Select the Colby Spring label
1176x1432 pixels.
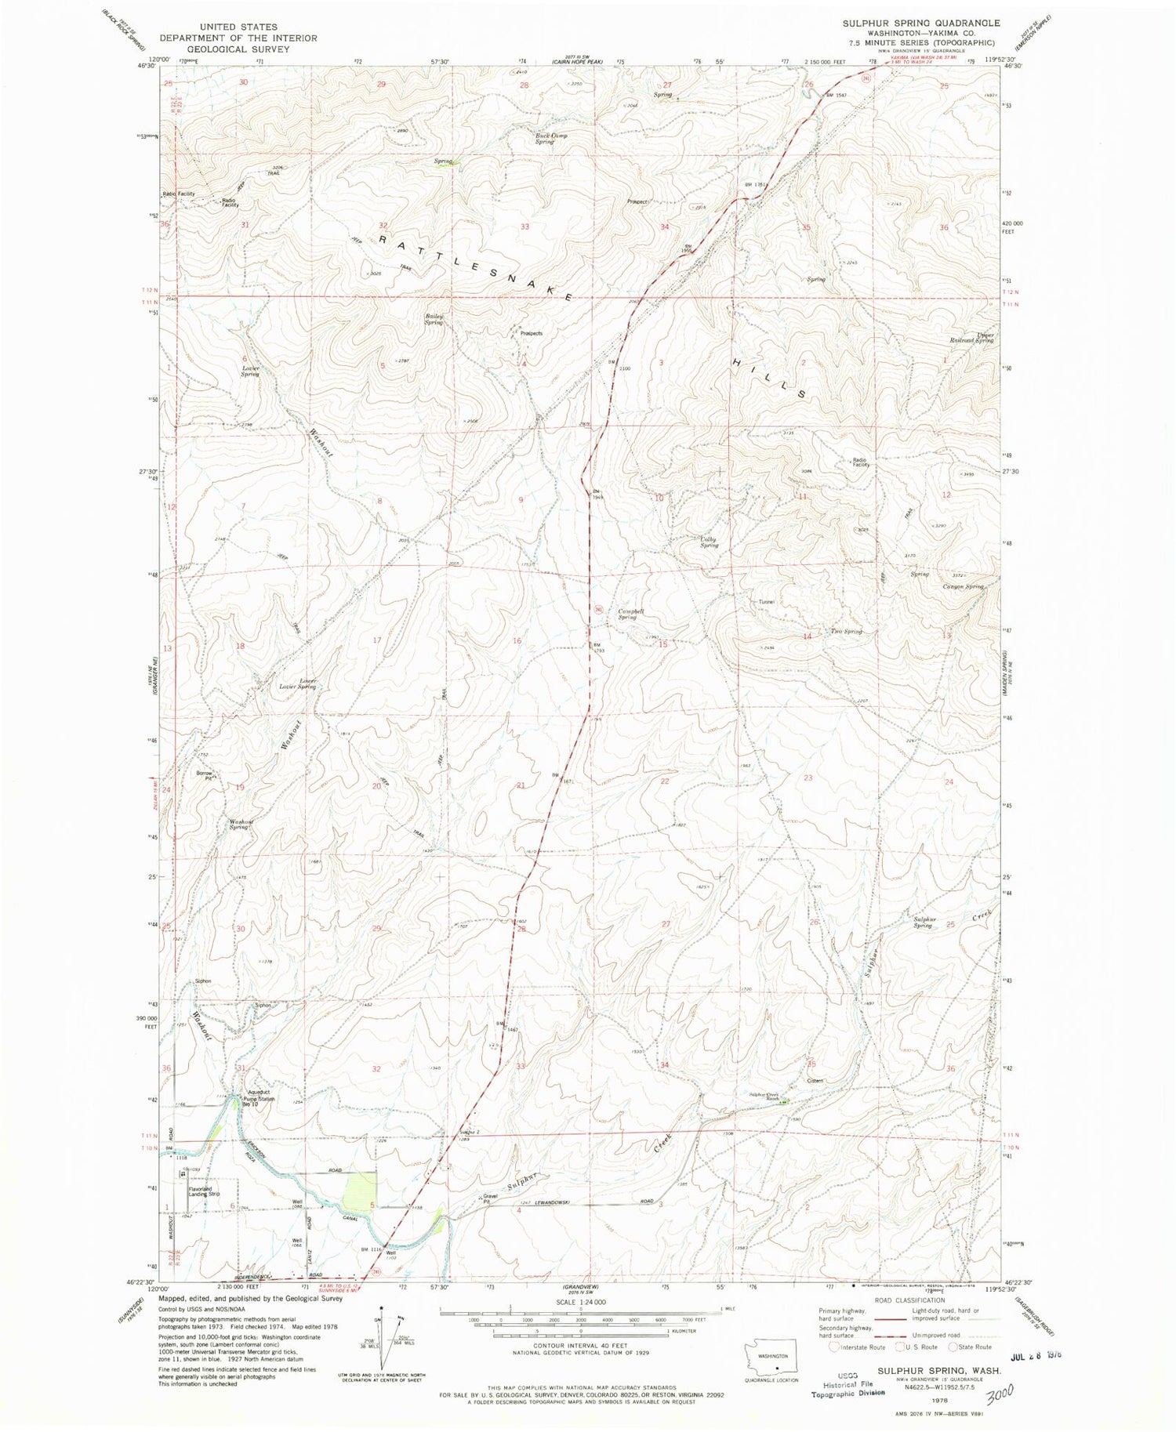point(709,542)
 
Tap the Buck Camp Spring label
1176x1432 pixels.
point(551,139)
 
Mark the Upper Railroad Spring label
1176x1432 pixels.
point(972,338)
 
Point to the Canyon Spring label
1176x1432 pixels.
point(964,586)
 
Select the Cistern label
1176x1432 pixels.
point(813,1081)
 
